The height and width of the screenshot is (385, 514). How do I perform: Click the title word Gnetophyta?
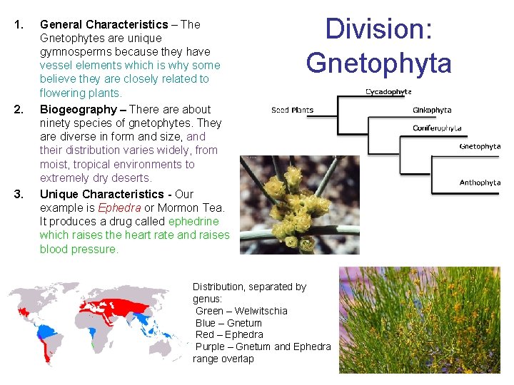pyautogui.click(x=378, y=63)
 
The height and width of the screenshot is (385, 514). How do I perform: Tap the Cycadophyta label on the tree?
pyautogui.click(x=388, y=91)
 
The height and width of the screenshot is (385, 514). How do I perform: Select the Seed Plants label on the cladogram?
pyautogui.click(x=292, y=110)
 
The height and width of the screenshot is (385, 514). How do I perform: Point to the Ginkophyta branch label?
pyautogui.click(x=432, y=110)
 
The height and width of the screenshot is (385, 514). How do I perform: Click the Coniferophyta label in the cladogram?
pyautogui.click(x=437, y=128)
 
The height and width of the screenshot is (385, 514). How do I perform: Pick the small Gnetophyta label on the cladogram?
pyautogui.click(x=480, y=146)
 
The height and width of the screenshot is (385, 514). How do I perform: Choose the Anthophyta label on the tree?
pyautogui.click(x=480, y=183)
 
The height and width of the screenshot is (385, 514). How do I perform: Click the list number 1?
pyautogui.click(x=19, y=24)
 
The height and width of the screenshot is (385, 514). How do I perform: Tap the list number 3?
pyautogui.click(x=19, y=194)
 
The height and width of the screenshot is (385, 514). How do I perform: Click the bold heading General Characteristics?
pyautogui.click(x=104, y=24)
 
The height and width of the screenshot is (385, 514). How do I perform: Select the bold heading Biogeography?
pyautogui.click(x=78, y=109)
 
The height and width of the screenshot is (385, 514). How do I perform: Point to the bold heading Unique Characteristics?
pyautogui.click(x=101, y=194)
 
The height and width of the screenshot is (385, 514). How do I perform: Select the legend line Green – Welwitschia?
pyautogui.click(x=241, y=311)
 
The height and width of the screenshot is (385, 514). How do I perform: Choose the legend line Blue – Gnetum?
pyautogui.click(x=228, y=323)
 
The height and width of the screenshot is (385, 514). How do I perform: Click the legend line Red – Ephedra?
pyautogui.click(x=229, y=334)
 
